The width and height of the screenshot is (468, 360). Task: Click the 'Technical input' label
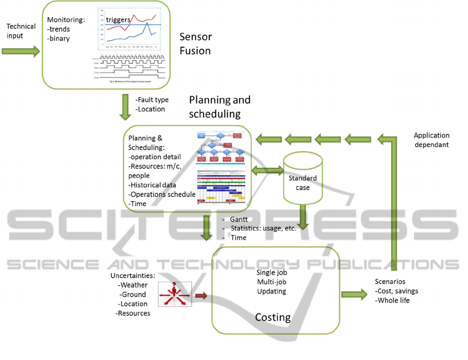pos(21,31)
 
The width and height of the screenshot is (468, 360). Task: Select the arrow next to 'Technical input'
pos(21,51)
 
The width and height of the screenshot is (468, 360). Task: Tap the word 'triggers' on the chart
pos(118,20)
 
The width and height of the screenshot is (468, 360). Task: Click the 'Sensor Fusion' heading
pos(195,44)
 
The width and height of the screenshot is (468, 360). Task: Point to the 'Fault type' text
pos(152,100)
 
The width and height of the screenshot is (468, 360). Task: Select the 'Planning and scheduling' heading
pos(219,106)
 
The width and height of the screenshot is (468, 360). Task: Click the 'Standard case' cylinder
pos(303,178)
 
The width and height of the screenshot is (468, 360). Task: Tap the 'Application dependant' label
pos(432,140)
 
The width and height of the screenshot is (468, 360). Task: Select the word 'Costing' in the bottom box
pos(272,317)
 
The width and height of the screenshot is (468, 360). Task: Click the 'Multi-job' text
pos(272,282)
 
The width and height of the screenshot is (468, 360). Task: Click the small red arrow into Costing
pos(201,296)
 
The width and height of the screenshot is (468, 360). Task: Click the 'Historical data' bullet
pos(153,184)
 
